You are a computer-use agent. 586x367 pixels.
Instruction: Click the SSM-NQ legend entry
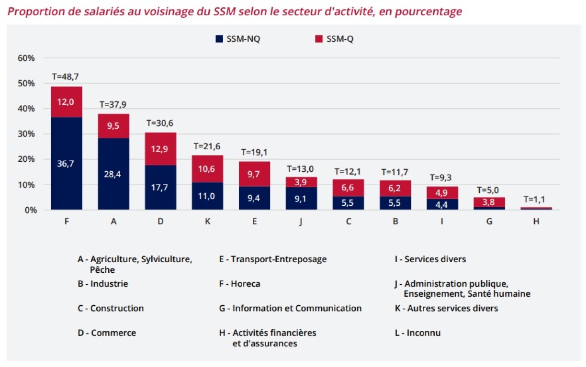(x=238, y=39)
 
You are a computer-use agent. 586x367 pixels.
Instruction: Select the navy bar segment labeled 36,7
(x=67, y=164)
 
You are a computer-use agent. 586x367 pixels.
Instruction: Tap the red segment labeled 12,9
(x=160, y=149)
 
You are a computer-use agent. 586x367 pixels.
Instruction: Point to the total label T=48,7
(x=67, y=77)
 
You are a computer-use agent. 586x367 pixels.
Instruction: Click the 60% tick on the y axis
(x=26, y=58)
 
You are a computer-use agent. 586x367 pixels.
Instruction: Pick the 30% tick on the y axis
(x=26, y=134)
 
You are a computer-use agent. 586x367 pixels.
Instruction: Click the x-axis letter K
(x=207, y=222)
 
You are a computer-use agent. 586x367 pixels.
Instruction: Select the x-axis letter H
(x=536, y=222)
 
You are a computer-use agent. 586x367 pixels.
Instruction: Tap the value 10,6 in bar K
(x=207, y=168)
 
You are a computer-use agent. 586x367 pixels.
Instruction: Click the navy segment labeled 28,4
(x=113, y=174)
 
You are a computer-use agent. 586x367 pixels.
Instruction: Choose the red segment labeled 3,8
(x=489, y=202)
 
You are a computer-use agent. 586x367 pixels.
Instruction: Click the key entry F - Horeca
(x=239, y=284)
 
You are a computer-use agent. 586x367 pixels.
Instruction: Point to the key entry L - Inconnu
(x=417, y=333)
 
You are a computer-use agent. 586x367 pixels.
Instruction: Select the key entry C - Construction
(x=111, y=309)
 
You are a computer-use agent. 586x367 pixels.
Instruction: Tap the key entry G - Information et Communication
(x=290, y=309)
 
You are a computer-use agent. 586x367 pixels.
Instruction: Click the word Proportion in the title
(x=36, y=11)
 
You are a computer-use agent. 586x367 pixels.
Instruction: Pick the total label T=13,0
(x=301, y=168)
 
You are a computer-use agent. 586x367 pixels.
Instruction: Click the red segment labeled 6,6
(x=348, y=188)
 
